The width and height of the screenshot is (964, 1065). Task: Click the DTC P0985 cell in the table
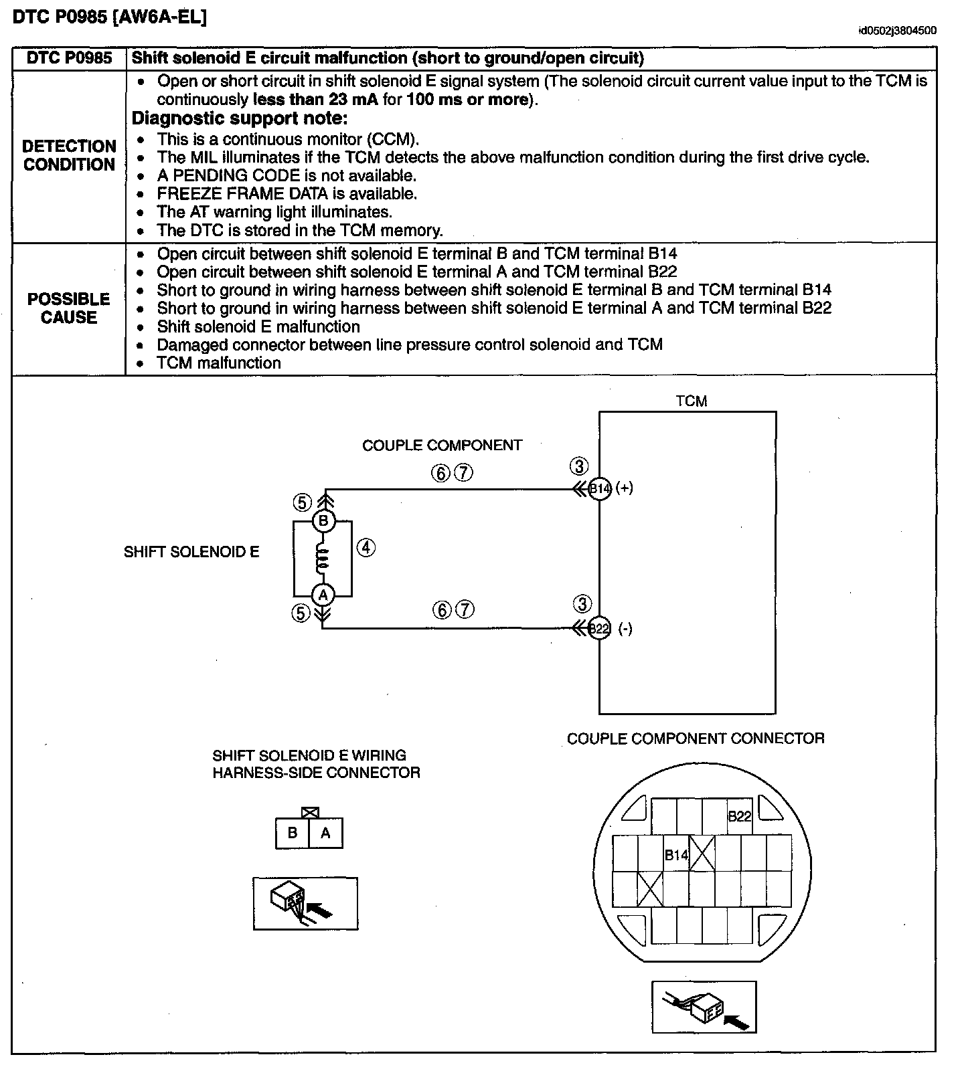point(69,58)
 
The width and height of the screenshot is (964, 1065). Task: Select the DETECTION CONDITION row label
point(69,155)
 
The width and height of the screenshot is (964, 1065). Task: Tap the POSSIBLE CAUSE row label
point(69,308)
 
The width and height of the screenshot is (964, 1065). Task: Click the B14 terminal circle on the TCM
point(600,488)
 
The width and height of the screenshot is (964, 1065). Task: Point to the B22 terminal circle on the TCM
point(600,629)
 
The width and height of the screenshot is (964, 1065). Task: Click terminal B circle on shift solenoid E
point(323,521)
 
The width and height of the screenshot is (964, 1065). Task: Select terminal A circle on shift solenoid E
point(323,594)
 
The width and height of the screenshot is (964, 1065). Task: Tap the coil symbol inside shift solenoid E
point(323,558)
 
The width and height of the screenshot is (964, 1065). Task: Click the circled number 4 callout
point(366,548)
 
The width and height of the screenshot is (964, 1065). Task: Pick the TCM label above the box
point(692,401)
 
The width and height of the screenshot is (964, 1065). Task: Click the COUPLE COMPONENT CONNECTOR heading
point(696,739)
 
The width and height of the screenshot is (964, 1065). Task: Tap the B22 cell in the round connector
point(740,816)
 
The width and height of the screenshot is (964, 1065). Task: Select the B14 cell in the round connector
point(676,855)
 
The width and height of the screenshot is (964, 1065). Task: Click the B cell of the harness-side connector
point(293,834)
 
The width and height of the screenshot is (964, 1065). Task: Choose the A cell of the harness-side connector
point(326,834)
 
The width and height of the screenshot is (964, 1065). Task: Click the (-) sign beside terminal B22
point(625,629)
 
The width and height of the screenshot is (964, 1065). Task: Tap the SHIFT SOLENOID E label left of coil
point(191,552)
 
